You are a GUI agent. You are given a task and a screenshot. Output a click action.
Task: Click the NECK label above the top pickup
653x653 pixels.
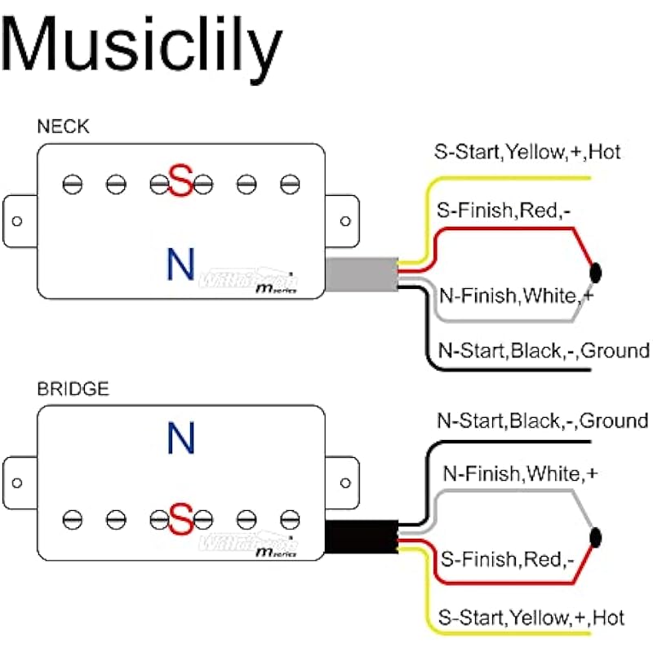click(x=64, y=127)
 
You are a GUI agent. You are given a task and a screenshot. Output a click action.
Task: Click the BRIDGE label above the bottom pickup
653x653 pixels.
click(x=73, y=389)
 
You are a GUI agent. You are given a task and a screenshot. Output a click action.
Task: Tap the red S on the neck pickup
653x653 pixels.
click(x=180, y=181)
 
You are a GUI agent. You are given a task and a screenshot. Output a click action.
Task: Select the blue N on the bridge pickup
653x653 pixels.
click(x=180, y=438)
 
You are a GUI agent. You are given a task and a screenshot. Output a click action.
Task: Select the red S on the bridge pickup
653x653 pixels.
click(x=180, y=519)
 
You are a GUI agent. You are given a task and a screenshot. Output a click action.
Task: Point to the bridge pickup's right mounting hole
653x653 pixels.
click(x=344, y=481)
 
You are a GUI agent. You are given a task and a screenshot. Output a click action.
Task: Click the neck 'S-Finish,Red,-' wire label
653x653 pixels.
click(x=504, y=211)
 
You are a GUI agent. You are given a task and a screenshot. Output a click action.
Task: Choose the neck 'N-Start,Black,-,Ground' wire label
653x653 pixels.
click(x=543, y=351)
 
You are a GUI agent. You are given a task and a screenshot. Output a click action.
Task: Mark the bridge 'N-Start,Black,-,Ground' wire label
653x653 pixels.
click(x=542, y=421)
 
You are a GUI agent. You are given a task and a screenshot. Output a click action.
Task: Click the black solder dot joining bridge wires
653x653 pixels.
click(x=595, y=535)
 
